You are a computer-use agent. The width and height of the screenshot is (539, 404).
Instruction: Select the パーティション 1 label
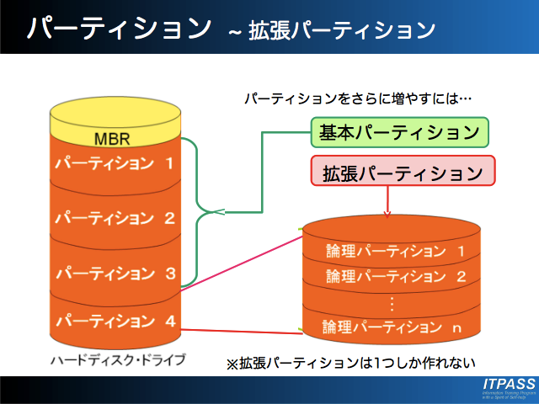115,162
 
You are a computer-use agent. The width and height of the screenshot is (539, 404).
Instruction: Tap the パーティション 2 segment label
115,218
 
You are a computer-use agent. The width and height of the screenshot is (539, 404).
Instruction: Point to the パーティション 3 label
115,273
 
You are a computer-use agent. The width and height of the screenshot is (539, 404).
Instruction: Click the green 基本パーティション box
400,132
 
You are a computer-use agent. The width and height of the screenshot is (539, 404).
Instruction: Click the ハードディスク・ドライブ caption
118,360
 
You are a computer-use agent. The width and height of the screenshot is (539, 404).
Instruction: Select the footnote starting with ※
351,364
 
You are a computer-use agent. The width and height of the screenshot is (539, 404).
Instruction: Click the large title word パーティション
118,28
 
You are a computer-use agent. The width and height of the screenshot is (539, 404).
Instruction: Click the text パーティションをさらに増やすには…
358,98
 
